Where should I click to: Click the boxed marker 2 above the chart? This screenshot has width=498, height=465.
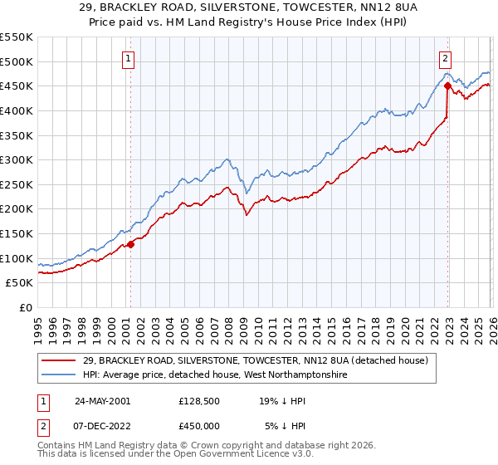tap(446, 58)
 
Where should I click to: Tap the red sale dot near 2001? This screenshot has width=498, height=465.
tap(130, 244)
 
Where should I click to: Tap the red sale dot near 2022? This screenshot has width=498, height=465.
tap(447, 86)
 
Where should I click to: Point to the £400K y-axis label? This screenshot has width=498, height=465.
tap(17, 110)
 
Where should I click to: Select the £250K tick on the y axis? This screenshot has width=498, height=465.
tap(17, 184)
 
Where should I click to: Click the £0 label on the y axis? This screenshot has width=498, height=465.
tap(26, 307)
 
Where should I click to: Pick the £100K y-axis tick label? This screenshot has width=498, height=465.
tap(17, 258)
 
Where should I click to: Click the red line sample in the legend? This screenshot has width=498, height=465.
tap(59, 360)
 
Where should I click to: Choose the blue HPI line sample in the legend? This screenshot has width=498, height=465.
tap(59, 375)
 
